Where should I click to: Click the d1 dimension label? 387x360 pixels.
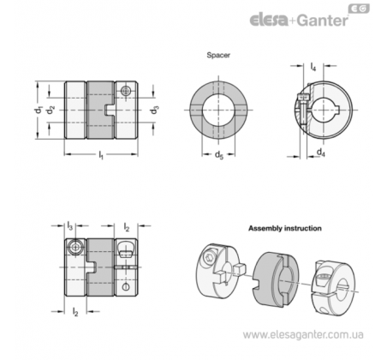point(39,111)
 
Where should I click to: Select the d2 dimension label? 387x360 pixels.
point(51,111)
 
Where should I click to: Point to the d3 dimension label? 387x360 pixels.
point(155,111)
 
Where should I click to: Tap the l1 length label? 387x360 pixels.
point(101,155)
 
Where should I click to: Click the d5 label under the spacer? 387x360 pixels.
point(219,155)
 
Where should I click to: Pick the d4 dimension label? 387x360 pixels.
point(321,152)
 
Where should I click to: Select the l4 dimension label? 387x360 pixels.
point(313,67)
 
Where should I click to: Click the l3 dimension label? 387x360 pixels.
point(70,226)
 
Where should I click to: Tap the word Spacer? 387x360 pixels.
point(218,55)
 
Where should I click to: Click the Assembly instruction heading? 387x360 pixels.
point(285,228)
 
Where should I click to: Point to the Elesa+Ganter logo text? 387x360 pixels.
point(300,21)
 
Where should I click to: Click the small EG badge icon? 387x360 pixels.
point(359,9)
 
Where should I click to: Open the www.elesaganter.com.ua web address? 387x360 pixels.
point(303,334)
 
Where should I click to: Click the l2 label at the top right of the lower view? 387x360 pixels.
point(127,227)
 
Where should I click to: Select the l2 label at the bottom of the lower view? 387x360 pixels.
point(75,312)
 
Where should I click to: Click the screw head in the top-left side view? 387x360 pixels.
point(126,91)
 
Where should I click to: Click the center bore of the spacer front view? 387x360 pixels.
point(218,111)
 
